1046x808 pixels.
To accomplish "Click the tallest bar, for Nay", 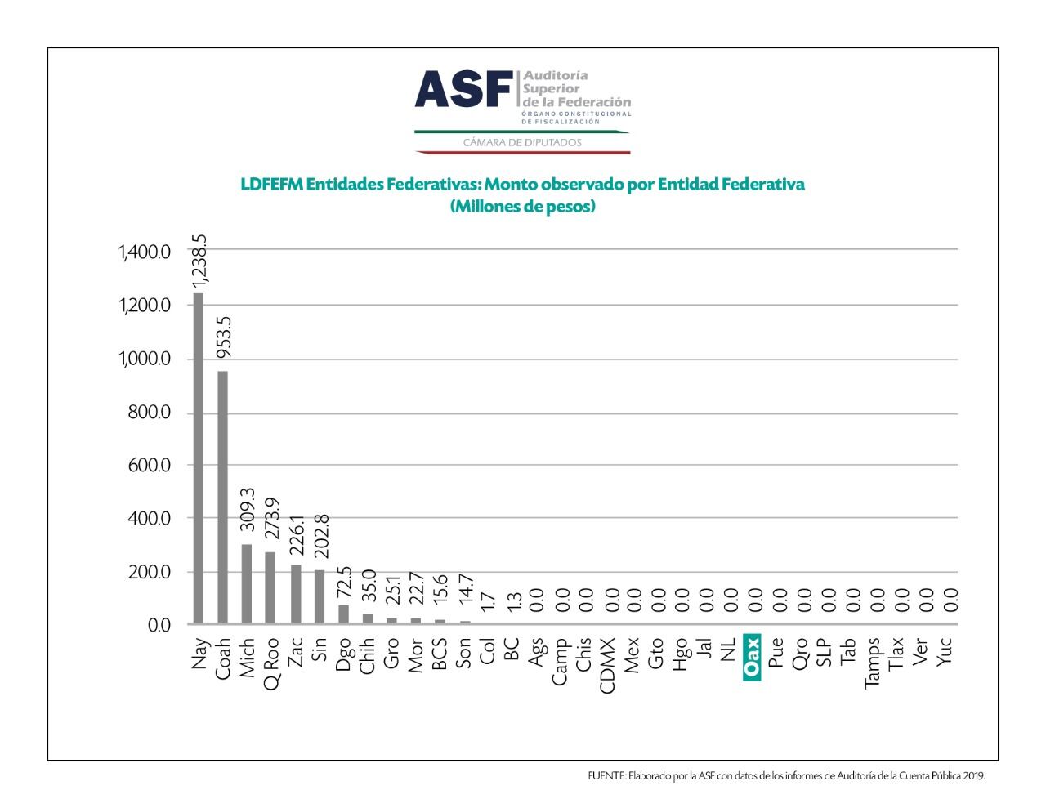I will point(198,458).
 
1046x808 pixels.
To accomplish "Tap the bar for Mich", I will point(247,583).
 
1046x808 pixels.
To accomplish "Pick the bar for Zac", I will point(296,594).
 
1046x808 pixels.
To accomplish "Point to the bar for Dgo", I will point(343,614).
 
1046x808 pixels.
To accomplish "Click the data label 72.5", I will point(344,582).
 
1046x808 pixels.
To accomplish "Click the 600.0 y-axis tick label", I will point(149,465).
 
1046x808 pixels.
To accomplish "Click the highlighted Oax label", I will point(752,658).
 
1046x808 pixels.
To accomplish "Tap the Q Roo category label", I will point(272,663).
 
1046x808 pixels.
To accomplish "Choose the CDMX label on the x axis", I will point(607,665).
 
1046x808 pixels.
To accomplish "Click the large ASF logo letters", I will point(463,89).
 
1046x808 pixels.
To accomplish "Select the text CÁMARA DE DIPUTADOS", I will point(522,142).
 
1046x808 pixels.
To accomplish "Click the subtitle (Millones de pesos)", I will point(522,207).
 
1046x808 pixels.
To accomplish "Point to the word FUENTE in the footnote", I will point(606,776).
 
